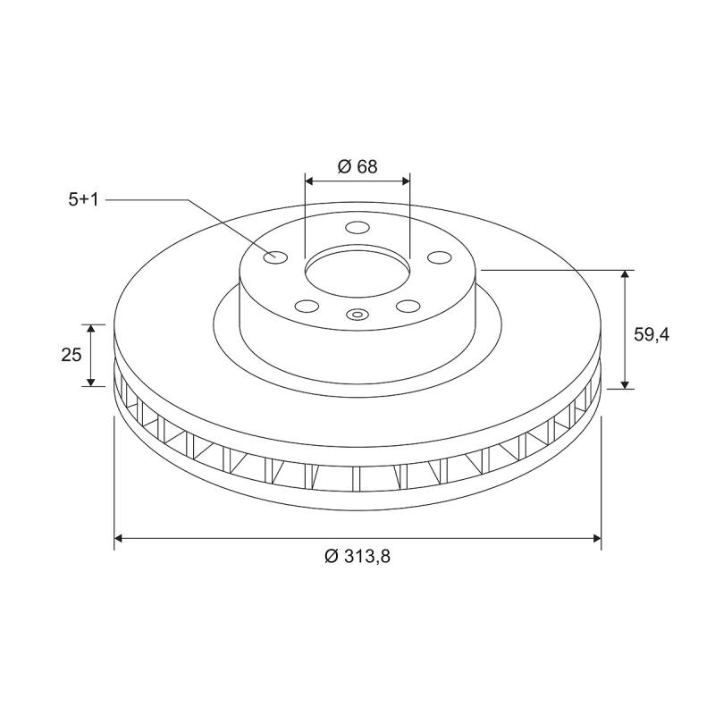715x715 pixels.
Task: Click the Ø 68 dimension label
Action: coord(357,166)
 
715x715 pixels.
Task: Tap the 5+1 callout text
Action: coord(83,200)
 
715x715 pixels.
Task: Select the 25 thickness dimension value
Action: coord(71,355)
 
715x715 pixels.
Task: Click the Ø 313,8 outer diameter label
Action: coord(357,556)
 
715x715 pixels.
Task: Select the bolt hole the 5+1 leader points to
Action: coord(275,258)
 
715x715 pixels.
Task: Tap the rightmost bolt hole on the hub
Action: coord(438,257)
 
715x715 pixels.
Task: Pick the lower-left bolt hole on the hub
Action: coord(307,306)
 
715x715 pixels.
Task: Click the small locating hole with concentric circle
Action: coord(357,314)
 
